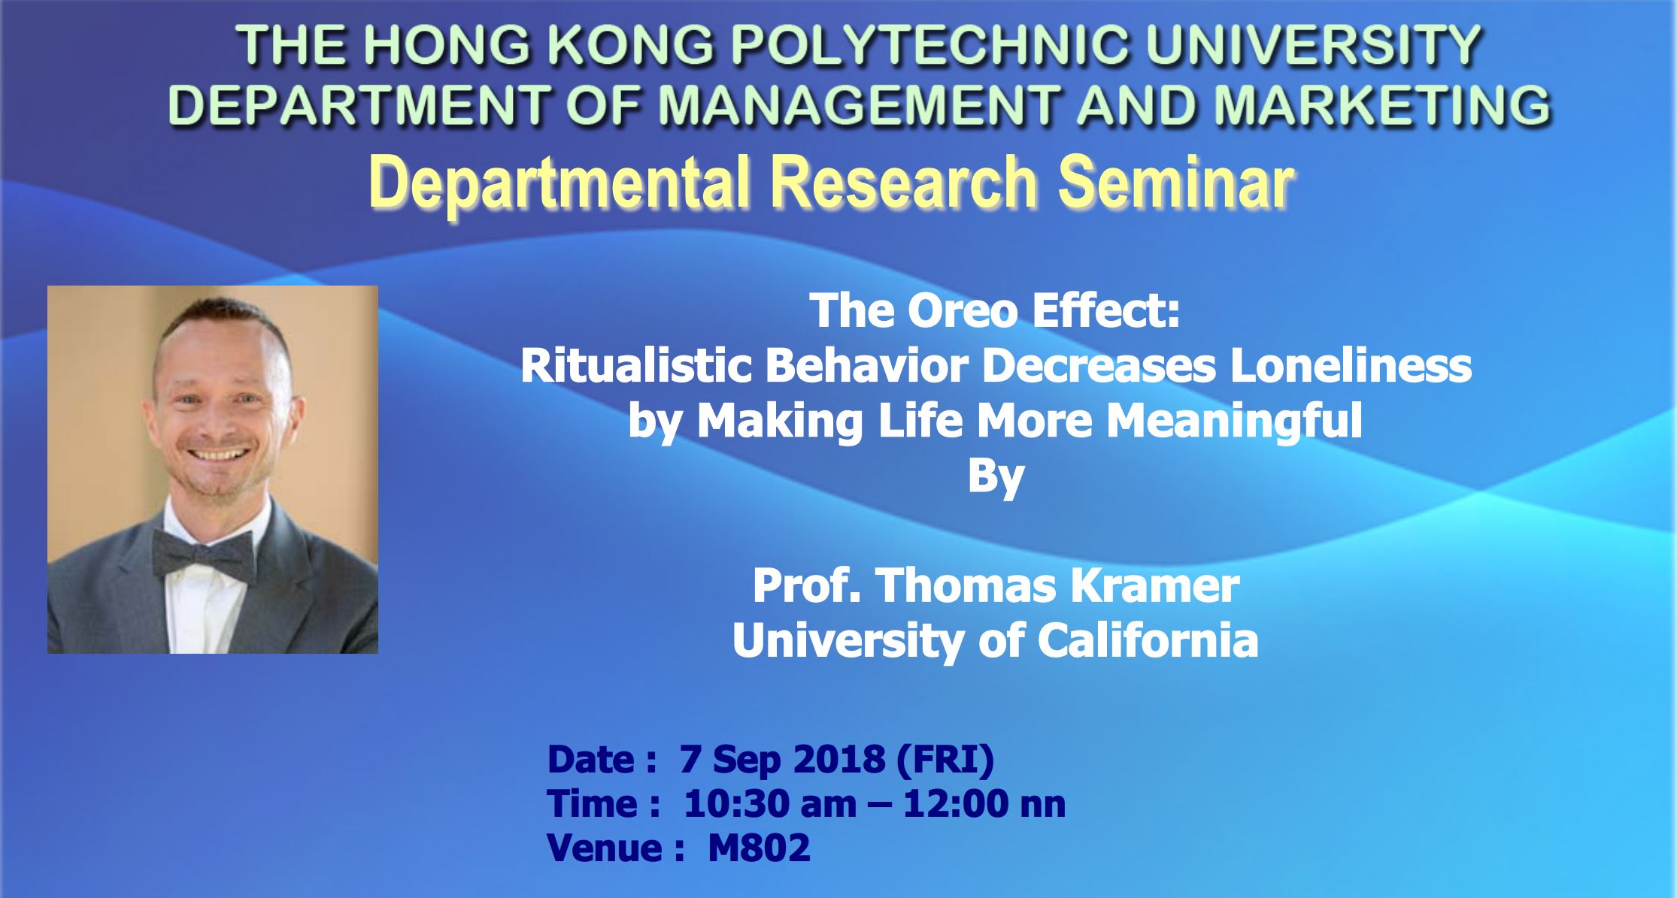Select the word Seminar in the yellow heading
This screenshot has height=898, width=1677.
(x=1176, y=183)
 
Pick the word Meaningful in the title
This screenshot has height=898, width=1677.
(x=1234, y=420)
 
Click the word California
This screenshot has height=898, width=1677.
(x=1148, y=640)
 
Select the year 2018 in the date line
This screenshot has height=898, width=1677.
(x=839, y=760)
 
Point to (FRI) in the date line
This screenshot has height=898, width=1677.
(x=945, y=760)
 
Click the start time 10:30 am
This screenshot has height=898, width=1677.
(x=769, y=805)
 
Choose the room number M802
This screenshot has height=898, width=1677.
(x=759, y=848)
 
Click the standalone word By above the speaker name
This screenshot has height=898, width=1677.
(x=995, y=475)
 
